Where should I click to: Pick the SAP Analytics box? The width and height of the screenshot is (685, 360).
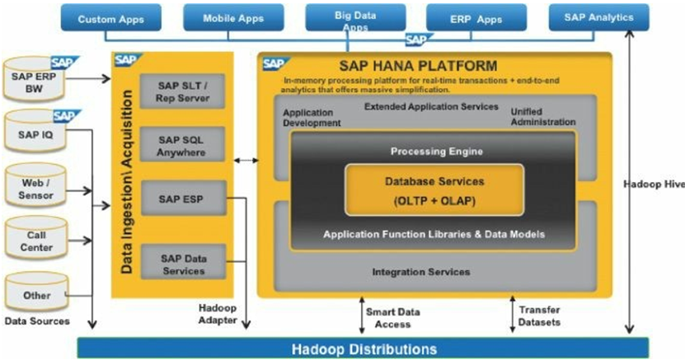pos(598,17)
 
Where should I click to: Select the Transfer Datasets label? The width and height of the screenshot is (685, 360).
pos(540,316)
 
